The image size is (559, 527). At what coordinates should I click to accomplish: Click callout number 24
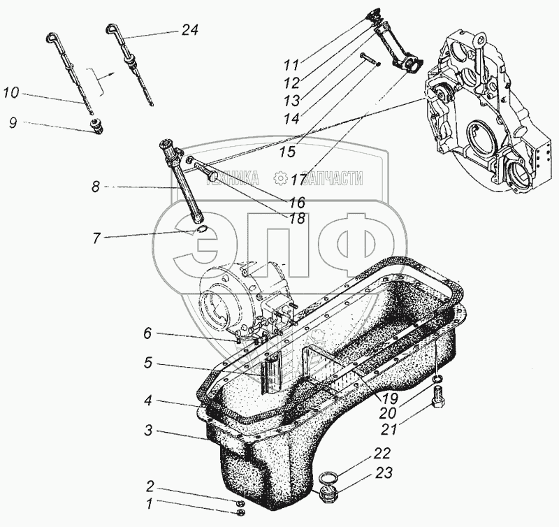point(189,30)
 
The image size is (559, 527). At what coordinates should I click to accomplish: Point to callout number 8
point(96,187)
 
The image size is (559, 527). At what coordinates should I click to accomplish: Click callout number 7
point(98,238)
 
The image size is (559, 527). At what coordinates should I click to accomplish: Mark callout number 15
point(286,151)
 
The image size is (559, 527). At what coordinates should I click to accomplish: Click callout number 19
point(391,399)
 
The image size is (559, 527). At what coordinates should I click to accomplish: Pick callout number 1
point(149,503)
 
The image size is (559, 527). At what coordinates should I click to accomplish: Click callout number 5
point(147,364)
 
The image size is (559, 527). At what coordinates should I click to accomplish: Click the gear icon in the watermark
point(280,179)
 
